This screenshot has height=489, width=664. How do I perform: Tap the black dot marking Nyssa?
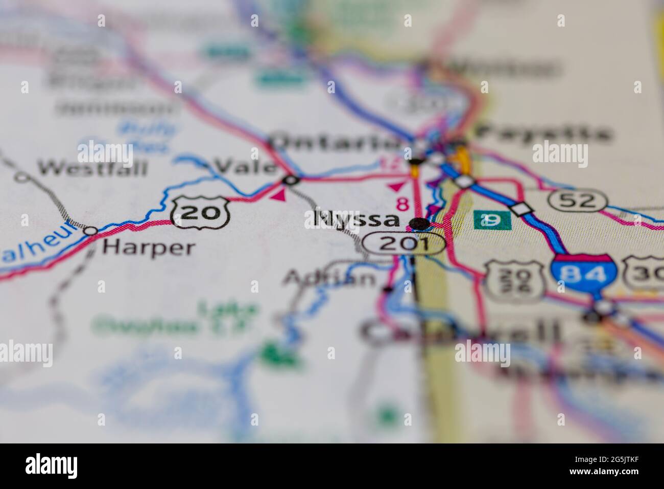(x=419, y=223)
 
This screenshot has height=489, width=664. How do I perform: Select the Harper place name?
(x=149, y=248)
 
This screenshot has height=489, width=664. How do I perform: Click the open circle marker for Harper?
(x=90, y=231)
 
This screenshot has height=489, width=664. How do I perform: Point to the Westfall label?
(x=93, y=167)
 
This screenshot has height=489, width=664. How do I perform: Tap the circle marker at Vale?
(x=291, y=180)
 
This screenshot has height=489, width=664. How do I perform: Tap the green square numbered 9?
(x=492, y=219)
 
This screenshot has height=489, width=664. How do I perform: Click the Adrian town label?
(x=329, y=278)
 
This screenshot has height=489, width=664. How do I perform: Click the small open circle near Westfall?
(x=21, y=177)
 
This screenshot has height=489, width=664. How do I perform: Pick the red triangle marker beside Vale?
(x=278, y=195)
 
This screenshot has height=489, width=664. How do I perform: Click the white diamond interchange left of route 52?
(x=521, y=209)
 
